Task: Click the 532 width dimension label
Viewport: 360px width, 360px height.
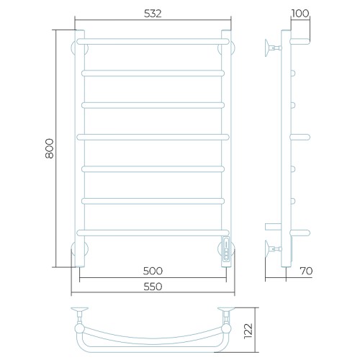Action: [153, 14]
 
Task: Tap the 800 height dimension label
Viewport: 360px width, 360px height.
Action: [50, 148]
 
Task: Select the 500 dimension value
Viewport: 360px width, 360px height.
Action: [153, 271]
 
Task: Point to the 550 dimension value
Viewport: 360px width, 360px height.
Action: [153, 287]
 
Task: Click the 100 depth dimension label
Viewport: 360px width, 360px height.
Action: [300, 14]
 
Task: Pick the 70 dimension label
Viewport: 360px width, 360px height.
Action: [306, 271]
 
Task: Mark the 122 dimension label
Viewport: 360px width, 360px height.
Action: [248, 331]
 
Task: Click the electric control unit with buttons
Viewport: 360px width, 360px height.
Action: [227, 251]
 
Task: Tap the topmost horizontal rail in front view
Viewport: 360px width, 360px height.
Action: [153, 41]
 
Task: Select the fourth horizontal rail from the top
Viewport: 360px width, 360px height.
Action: [153, 137]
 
